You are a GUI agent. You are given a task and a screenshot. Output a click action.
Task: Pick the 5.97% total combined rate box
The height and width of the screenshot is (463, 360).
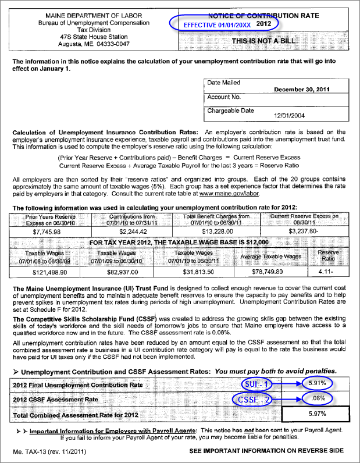pos(316,414)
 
